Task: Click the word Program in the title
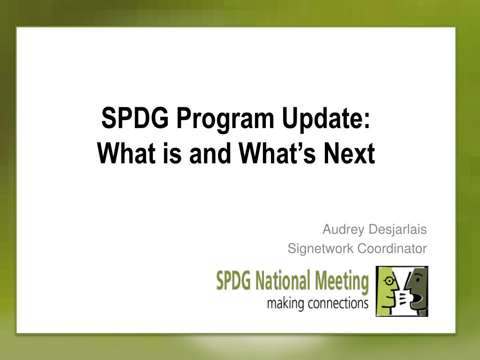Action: [x=225, y=120]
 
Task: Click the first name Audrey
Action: [x=343, y=230]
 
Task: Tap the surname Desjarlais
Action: [x=397, y=229]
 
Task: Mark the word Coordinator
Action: [x=392, y=248]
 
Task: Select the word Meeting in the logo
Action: [x=342, y=281]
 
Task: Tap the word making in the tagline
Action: [x=285, y=304]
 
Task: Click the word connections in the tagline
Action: [x=338, y=303]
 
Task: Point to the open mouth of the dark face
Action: [x=418, y=298]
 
